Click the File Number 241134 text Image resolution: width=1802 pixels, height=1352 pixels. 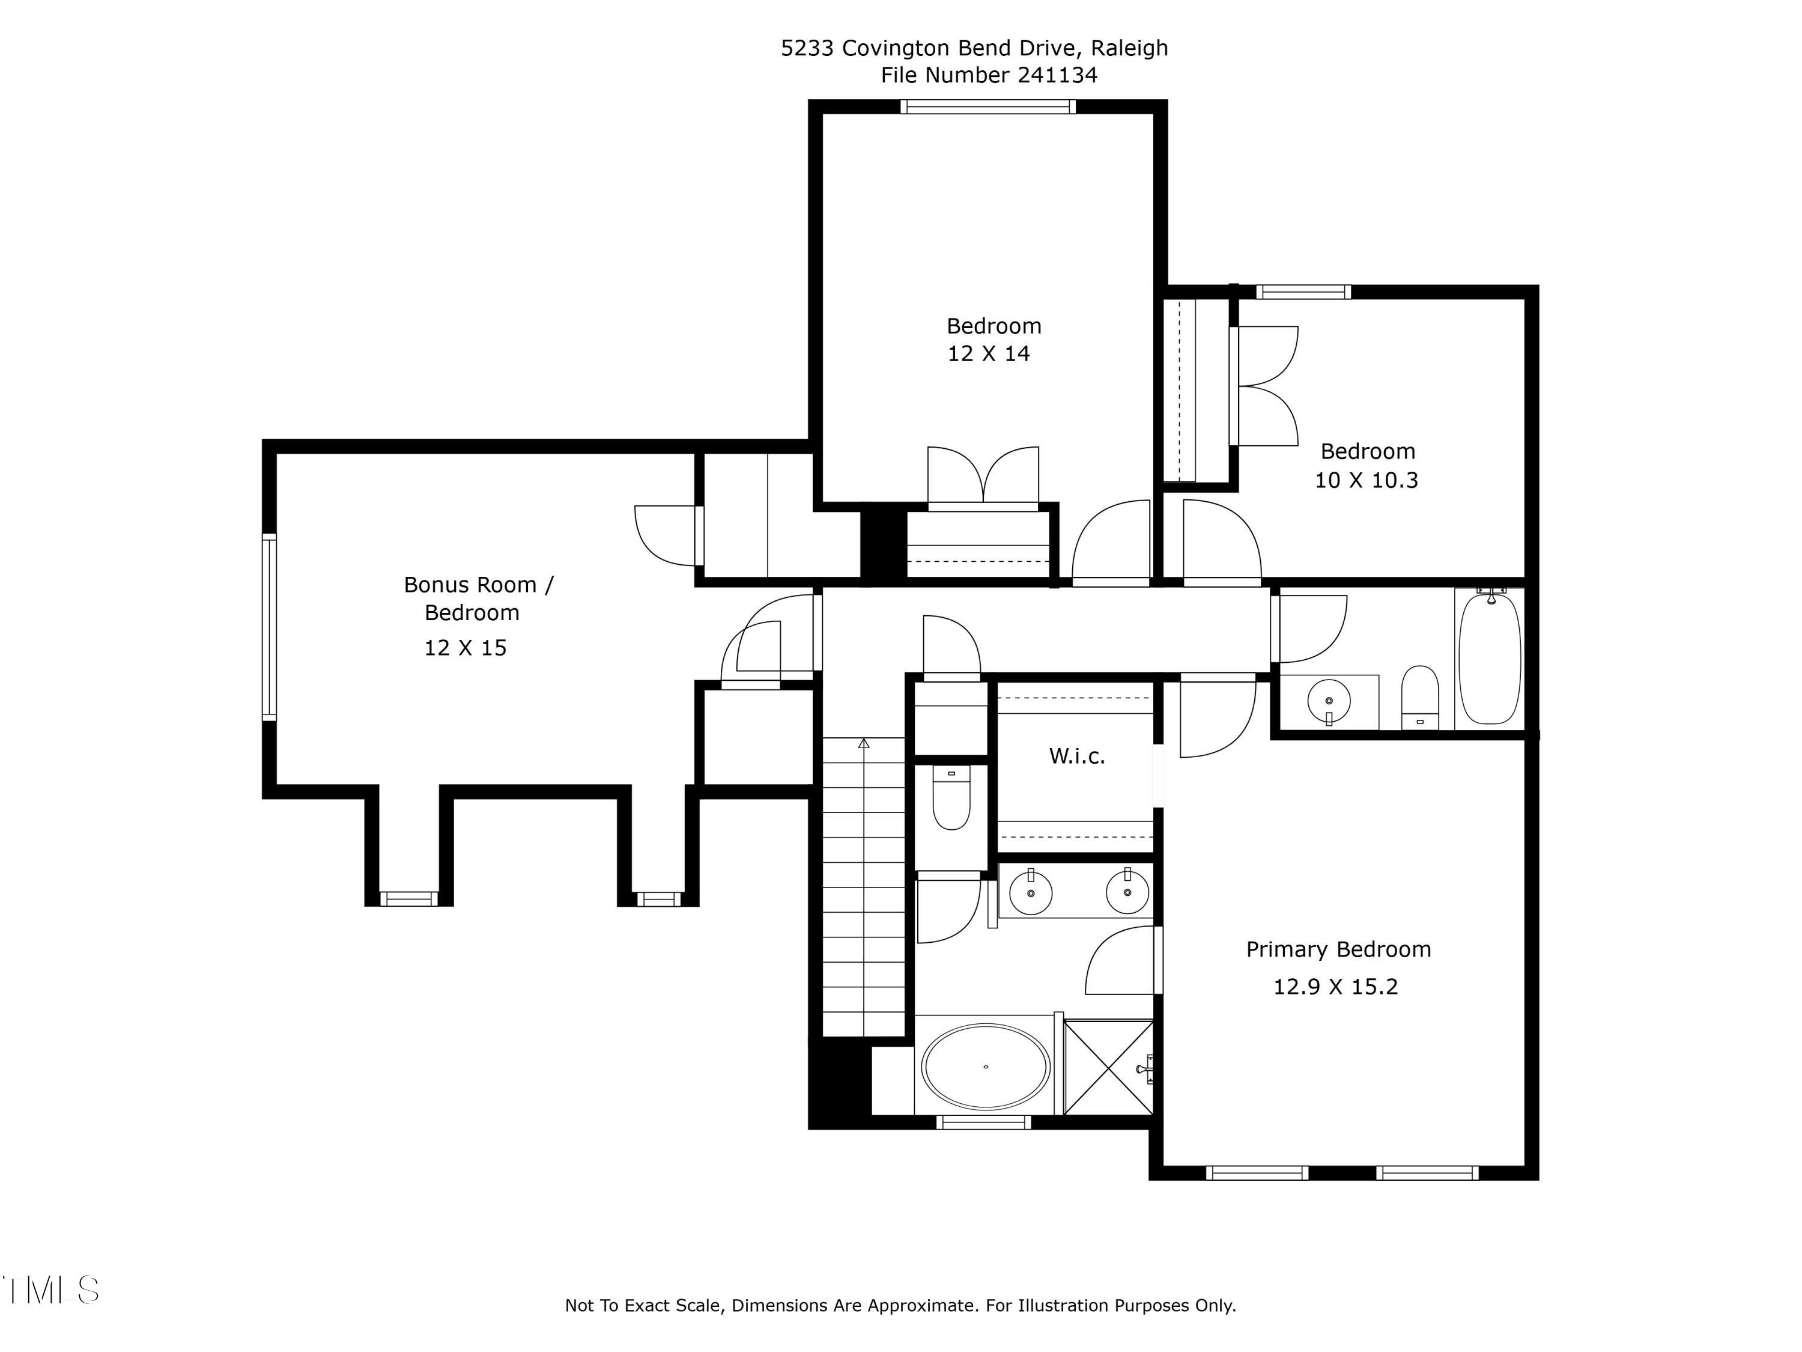(988, 75)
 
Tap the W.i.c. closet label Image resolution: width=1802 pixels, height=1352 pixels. (1077, 757)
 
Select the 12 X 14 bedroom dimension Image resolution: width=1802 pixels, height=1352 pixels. (988, 354)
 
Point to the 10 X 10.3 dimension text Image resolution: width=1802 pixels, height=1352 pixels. (1366, 480)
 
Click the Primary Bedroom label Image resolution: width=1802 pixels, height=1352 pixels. (1338, 949)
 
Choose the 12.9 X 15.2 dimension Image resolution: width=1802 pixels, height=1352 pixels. (1335, 987)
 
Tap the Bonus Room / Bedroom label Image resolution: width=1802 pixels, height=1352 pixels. (478, 598)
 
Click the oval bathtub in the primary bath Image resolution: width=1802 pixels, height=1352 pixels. (985, 1067)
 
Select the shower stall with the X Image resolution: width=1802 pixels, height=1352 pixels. (1109, 1067)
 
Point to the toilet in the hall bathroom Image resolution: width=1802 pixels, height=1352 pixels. (1420, 698)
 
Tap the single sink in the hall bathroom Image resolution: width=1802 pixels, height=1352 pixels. (1329, 701)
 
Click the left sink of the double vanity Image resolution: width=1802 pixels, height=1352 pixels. (1031, 892)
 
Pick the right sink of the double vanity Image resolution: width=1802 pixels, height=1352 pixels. (1127, 892)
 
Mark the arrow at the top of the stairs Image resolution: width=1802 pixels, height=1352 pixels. (864, 743)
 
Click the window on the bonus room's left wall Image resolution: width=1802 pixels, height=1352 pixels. (269, 627)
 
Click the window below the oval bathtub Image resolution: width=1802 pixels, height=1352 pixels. (984, 1123)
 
